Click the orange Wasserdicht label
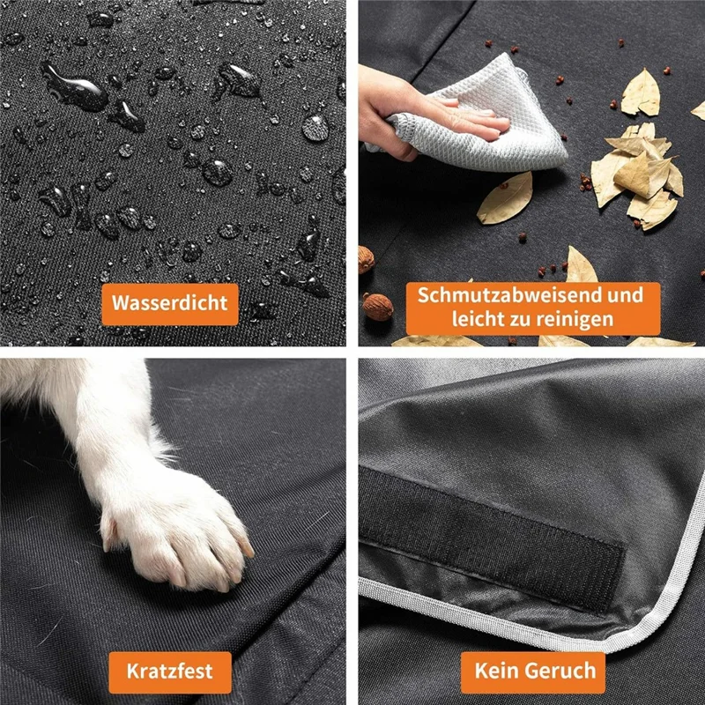click(x=169, y=303)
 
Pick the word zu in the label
click(x=510, y=320)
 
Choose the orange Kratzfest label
click(x=169, y=671)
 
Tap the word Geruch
click(x=561, y=671)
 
